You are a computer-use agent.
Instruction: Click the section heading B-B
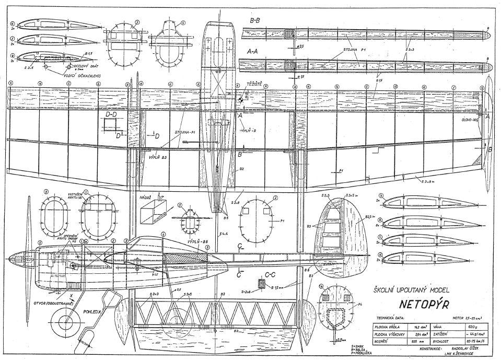(256, 20)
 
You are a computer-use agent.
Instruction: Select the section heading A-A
(253, 52)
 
